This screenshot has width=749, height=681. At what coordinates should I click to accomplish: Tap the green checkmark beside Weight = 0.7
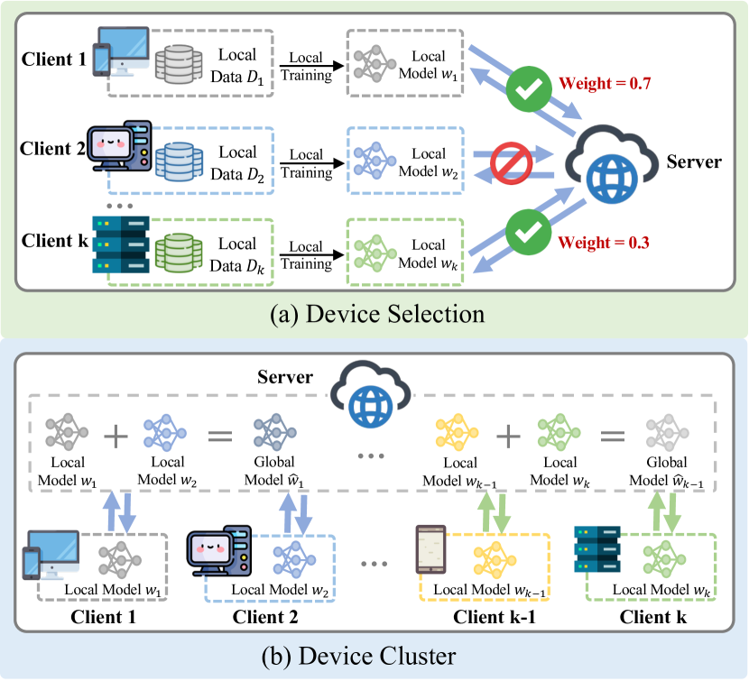click(523, 90)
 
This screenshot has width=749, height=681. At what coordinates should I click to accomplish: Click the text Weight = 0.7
click(603, 86)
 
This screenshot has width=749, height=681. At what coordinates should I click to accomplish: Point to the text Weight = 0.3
click(603, 242)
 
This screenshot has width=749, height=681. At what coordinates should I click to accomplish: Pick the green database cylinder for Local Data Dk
click(174, 253)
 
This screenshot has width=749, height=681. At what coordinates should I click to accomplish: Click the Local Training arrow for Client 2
click(310, 163)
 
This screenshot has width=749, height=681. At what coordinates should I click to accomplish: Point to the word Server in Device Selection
click(694, 162)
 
